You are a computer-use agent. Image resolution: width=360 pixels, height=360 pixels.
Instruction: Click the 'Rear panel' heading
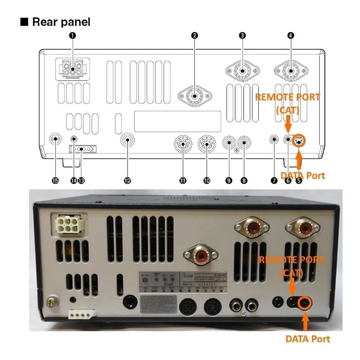[61, 21]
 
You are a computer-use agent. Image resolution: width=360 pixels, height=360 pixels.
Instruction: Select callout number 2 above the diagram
[194, 35]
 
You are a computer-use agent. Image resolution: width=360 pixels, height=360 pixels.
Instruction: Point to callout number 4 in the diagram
[290, 35]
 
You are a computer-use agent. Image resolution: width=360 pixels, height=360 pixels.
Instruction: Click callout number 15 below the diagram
[55, 180]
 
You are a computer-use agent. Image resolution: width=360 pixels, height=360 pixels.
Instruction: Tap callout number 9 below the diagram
[229, 180]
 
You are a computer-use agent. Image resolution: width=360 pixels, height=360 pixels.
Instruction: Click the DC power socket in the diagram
[72, 69]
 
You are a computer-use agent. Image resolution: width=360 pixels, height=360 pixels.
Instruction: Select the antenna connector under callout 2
[194, 95]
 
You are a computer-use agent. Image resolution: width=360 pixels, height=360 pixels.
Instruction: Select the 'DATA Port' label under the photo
[308, 338]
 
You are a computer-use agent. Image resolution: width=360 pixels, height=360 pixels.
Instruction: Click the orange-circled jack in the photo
[305, 303]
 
